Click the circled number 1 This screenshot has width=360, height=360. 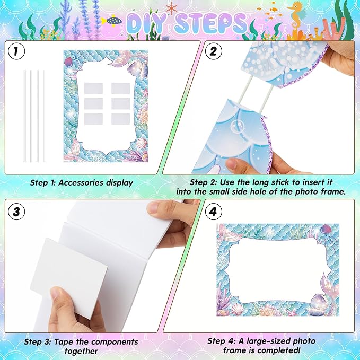coord(16,51)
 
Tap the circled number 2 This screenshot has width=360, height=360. coord(213,51)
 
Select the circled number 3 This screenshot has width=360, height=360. coord(16,212)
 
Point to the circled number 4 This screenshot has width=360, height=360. coord(213,212)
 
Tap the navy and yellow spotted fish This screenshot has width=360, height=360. coord(112,21)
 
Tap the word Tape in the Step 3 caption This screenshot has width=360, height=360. coord(64,342)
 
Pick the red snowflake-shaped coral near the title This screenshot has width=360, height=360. coord(171,8)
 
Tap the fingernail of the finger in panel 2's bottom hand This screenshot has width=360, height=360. coord(232,164)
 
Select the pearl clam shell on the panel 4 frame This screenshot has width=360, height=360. coord(318,304)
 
